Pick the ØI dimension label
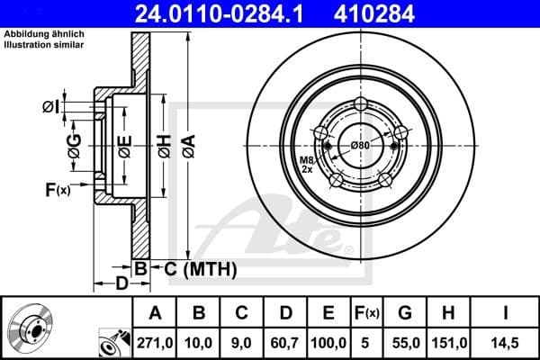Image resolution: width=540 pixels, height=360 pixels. coord(51,107)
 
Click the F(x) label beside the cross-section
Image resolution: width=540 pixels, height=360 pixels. coord(56,189)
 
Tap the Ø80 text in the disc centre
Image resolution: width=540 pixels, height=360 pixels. coord(360,145)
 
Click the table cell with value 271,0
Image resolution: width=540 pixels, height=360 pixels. coord(154,342)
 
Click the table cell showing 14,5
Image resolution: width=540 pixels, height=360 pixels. coord(506,342)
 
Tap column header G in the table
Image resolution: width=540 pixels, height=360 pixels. coord(405,313)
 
